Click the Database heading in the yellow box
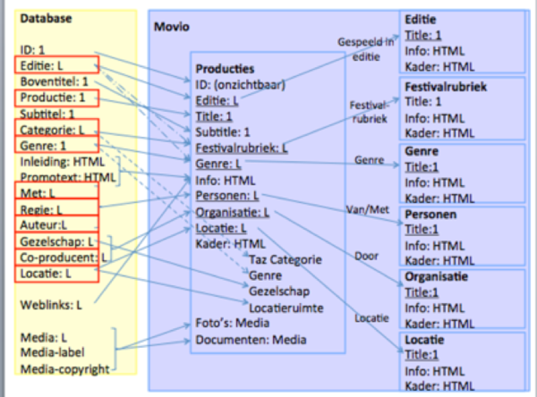pos(46,19)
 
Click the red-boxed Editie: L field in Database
pos(47,65)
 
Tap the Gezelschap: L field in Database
pos(55,242)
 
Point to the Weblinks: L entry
pos(50,305)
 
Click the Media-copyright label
pos(65,368)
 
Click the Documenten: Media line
pos(251,340)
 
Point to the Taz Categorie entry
pos(284,258)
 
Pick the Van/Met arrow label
pos(366,209)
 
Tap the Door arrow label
pos(367,254)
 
